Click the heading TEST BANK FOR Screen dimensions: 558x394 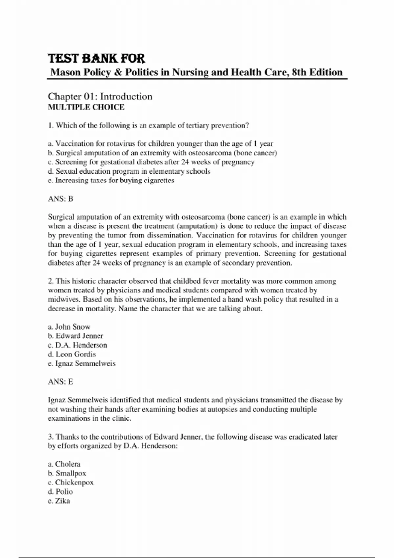[97, 59]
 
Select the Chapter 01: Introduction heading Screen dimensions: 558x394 [100, 97]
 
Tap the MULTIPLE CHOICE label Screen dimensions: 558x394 [86, 107]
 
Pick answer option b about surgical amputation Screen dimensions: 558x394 [163, 153]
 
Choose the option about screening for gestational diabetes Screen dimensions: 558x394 [151, 162]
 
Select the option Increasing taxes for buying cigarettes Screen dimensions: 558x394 [111, 181]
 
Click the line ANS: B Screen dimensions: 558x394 [60, 199]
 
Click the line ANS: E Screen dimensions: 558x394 [60, 382]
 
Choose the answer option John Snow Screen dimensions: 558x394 [69, 327]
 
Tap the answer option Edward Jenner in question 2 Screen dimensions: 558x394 [76, 336]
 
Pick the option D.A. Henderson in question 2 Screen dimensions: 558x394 [77, 345]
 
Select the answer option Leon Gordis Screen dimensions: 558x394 [72, 354]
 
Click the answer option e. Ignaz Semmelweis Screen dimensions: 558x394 [82, 364]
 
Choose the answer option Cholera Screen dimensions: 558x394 [64, 464]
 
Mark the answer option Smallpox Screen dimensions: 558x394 [67, 474]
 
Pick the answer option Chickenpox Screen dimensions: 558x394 [71, 483]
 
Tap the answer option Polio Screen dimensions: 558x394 [60, 492]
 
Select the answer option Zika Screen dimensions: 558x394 [59, 501]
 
